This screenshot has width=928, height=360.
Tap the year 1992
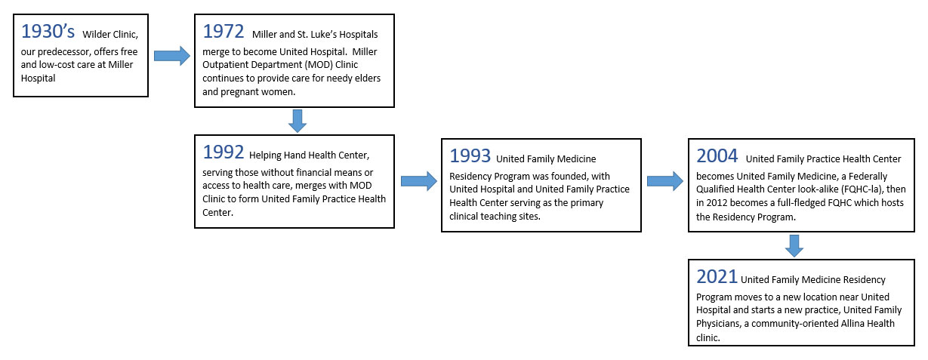pos(224,152)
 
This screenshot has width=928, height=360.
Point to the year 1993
pos(470,155)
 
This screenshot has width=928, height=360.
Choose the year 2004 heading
pos(717,155)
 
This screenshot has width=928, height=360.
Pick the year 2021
pos(717,275)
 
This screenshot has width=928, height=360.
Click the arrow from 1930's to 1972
pos(171,55)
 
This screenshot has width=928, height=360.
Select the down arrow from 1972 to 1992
pos(298,120)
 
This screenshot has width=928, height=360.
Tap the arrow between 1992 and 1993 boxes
pos(418,181)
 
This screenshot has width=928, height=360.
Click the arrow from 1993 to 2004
pos(664,181)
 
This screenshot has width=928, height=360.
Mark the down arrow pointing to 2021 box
pos(793,245)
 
